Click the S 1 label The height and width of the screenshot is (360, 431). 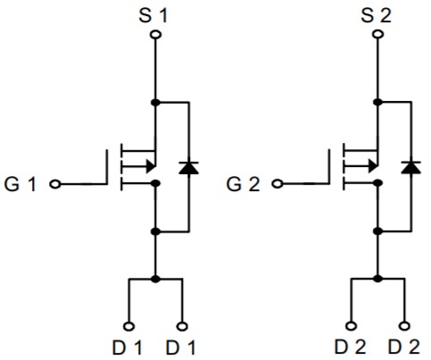153,16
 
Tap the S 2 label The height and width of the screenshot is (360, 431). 376,16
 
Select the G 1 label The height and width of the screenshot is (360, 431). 21,184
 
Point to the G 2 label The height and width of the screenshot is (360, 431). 243,184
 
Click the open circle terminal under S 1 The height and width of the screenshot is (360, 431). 155,35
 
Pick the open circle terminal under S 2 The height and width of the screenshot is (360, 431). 377,35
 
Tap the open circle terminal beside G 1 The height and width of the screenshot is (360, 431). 55,184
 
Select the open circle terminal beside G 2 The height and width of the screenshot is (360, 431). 278,184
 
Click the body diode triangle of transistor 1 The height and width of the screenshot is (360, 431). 188,168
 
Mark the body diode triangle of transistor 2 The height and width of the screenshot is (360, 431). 411,167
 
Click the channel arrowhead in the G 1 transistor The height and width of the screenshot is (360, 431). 151,166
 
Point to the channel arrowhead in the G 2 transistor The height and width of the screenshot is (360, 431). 373,166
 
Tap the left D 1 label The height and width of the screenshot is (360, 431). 127,347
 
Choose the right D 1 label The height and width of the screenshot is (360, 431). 180,347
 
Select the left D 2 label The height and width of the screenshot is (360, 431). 351,347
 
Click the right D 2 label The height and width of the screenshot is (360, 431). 404,347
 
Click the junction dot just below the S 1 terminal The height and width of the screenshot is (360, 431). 155,103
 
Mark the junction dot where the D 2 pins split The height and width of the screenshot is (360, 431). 377,279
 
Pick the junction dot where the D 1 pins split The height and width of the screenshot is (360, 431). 155,280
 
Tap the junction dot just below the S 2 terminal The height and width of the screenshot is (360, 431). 377,102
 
